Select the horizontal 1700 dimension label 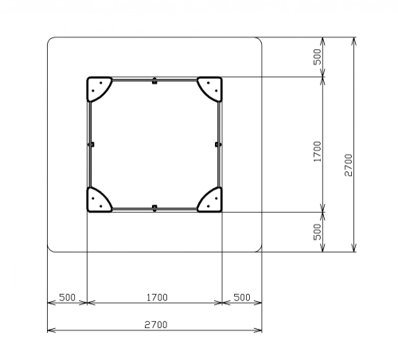[157, 297]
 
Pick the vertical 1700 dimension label [317, 151]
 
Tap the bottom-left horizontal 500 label [67, 297]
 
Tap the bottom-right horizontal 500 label [242, 297]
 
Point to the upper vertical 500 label [317, 57]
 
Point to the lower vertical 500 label [317, 232]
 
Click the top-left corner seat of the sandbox [97, 88]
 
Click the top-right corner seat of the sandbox [212, 88]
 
